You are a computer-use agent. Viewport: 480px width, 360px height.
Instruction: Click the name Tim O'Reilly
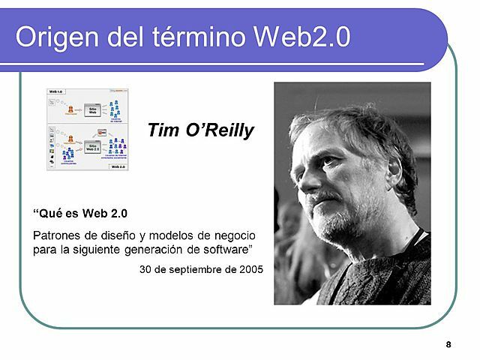(201, 131)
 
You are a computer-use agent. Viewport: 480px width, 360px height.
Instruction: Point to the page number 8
(448, 345)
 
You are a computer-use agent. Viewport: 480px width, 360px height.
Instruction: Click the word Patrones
(58, 235)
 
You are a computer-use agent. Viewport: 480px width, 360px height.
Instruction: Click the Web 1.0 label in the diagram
(55, 91)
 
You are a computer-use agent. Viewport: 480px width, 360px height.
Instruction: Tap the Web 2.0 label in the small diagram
(118, 166)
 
